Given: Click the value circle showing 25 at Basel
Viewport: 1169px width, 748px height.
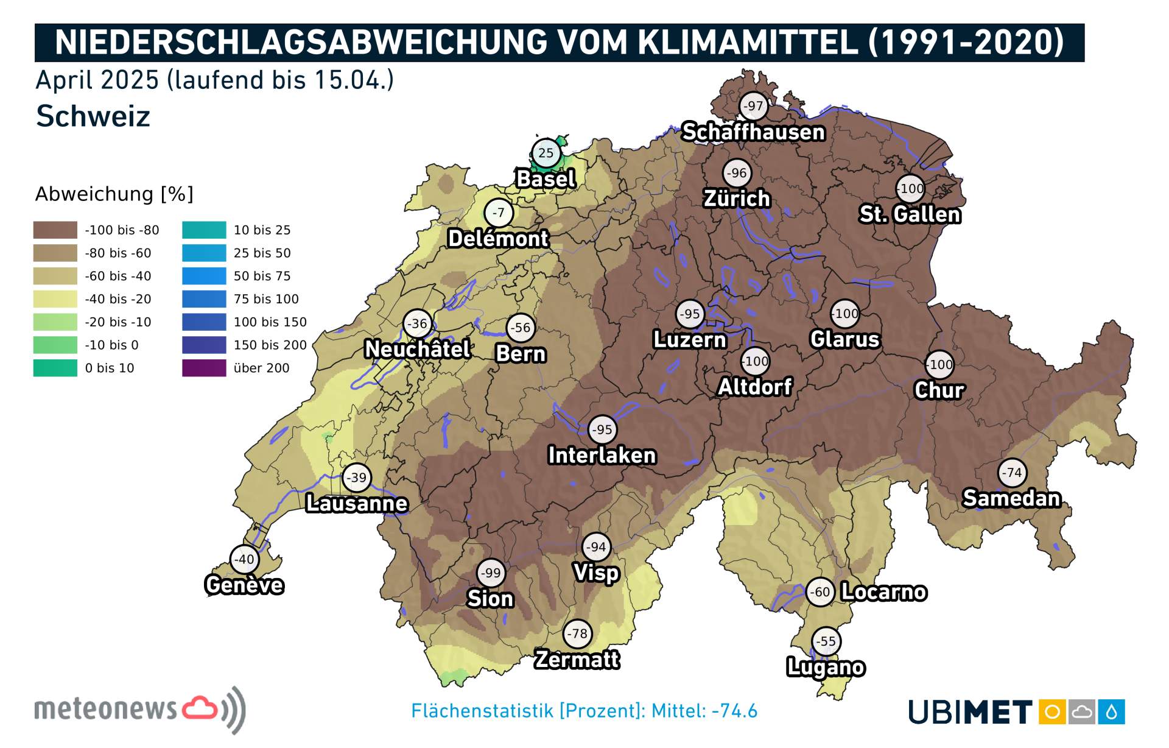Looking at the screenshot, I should pyautogui.click(x=546, y=153).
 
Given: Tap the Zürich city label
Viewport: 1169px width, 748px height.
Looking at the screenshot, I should pyautogui.click(x=737, y=199).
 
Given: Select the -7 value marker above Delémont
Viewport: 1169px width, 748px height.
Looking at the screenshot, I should pyautogui.click(x=499, y=213).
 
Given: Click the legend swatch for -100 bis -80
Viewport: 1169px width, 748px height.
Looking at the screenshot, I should pyautogui.click(x=55, y=230).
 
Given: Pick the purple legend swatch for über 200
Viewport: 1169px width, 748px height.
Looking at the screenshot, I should pyautogui.click(x=204, y=368).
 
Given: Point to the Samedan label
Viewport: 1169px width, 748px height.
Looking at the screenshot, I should pyautogui.click(x=1011, y=498).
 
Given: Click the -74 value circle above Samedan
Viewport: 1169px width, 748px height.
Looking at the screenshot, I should pyautogui.click(x=1012, y=473).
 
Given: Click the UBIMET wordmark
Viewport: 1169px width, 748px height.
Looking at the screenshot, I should pyautogui.click(x=970, y=712).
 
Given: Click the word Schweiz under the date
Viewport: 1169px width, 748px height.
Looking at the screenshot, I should pyautogui.click(x=93, y=116).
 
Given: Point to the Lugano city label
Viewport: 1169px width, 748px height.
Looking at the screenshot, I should pyautogui.click(x=826, y=667).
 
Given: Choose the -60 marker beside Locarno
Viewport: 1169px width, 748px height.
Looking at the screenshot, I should pyautogui.click(x=820, y=592).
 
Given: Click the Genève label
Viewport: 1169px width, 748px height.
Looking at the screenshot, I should pyautogui.click(x=244, y=585).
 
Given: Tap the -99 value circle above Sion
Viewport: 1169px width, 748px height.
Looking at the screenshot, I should pyautogui.click(x=491, y=573).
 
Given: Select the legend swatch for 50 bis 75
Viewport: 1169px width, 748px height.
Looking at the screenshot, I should pyautogui.click(x=204, y=276).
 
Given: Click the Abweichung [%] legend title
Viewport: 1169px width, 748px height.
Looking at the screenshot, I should pyautogui.click(x=114, y=194).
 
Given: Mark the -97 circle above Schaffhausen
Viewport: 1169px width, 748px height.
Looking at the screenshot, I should pyautogui.click(x=753, y=106).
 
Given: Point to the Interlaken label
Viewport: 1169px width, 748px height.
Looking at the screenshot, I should pyautogui.click(x=602, y=455).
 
